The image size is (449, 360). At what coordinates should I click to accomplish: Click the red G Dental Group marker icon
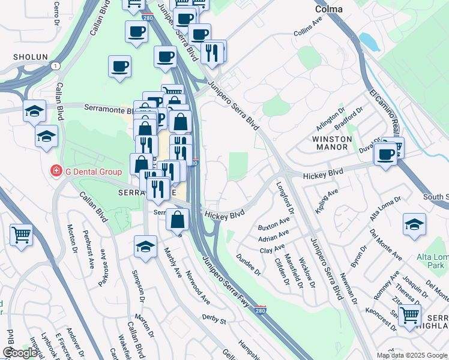tap(56, 171)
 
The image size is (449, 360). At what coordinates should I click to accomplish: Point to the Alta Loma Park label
tap(433, 261)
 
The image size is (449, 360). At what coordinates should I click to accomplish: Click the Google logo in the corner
tap(20, 353)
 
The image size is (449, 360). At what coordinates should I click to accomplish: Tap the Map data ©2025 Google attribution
tap(412, 355)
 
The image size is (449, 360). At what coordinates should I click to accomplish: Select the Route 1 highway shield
tap(55, 65)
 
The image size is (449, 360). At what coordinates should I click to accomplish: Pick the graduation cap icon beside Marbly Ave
tap(145, 247)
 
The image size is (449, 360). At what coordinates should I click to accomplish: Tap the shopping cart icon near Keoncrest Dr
tap(410, 316)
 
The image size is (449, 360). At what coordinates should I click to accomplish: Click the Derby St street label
tap(214, 319)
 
